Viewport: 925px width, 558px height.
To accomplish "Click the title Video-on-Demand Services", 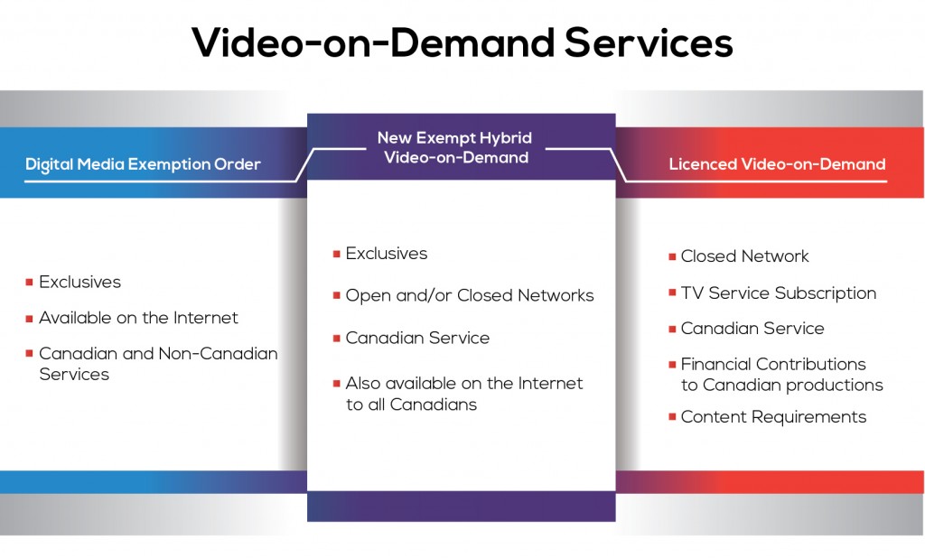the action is (462, 43).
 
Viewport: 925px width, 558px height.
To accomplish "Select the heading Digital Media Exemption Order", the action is (143, 164).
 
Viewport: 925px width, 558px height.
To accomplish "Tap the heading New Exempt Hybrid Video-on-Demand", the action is (455, 147).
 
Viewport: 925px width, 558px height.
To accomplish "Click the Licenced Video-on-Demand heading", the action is (777, 164).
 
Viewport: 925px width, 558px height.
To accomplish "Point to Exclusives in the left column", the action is (79, 282).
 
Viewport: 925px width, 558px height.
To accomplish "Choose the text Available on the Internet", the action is (138, 318).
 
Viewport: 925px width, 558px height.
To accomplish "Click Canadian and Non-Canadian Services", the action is (158, 363).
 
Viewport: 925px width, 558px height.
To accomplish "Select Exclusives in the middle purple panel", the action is (387, 254).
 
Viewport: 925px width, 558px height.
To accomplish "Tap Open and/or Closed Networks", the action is (470, 295).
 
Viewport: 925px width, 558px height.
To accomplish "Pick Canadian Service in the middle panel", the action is (417, 338).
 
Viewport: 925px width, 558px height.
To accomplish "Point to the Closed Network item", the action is (744, 256).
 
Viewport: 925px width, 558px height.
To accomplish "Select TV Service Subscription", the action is (779, 293).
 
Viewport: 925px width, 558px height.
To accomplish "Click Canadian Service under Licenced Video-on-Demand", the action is (752, 329).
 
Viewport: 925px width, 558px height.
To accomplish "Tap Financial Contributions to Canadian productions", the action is (781, 375).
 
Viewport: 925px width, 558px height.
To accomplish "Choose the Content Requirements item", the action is (773, 417).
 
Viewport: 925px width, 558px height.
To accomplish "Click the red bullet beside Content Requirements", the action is (672, 417).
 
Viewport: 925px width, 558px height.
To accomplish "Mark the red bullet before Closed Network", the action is (672, 256).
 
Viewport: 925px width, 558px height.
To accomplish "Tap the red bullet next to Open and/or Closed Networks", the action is (337, 295).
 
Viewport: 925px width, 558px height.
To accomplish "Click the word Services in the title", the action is (649, 43).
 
